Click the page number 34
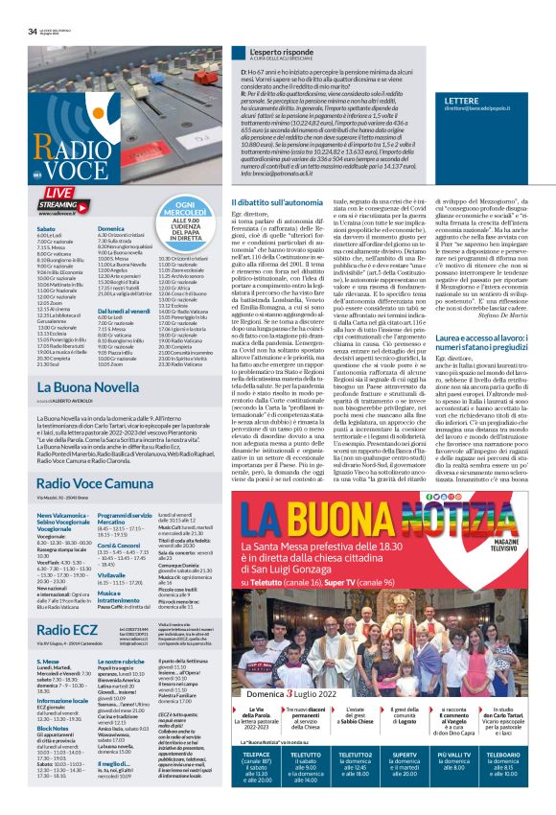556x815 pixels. tap(33, 31)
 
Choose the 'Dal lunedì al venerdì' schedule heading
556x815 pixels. tap(122, 313)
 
